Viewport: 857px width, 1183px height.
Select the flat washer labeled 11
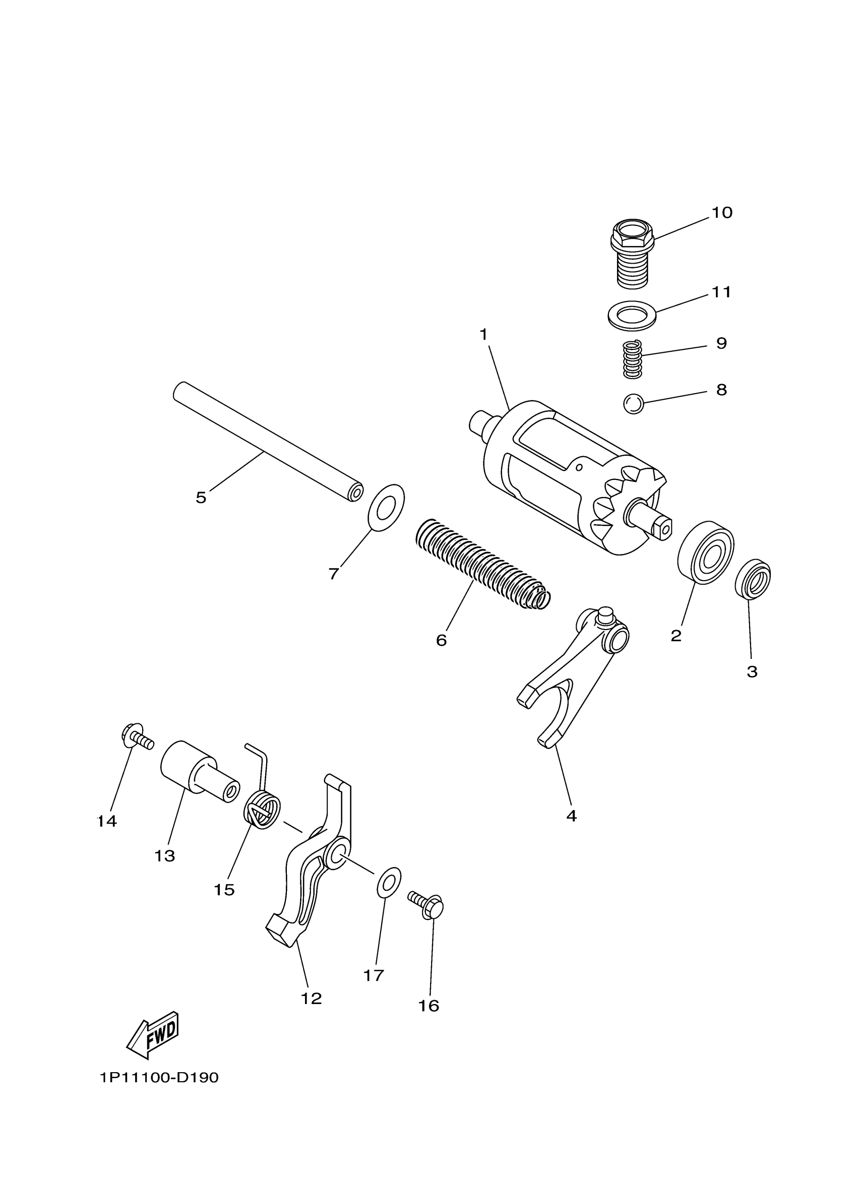point(632,316)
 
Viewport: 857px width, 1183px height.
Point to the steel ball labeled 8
point(633,404)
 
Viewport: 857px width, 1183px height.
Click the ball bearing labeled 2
point(706,552)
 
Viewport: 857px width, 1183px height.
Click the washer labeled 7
point(386,508)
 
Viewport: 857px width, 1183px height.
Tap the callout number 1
point(483,334)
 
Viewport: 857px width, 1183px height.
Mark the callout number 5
point(201,497)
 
